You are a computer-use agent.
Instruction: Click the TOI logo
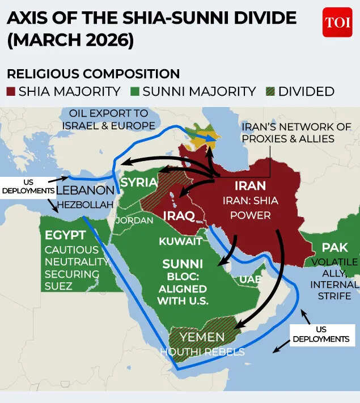click(337, 23)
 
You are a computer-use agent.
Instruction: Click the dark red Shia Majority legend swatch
click(11, 91)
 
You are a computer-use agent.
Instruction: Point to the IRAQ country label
click(179, 216)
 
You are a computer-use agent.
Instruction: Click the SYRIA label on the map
click(138, 183)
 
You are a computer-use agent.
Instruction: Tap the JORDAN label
click(134, 220)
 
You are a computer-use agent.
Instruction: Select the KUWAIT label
click(180, 241)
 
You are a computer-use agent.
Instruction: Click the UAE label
click(250, 280)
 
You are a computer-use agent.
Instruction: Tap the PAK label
click(334, 248)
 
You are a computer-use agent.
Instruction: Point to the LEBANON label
click(85, 190)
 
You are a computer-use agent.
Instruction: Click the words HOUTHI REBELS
click(202, 352)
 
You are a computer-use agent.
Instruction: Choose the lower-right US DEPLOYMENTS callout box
click(320, 334)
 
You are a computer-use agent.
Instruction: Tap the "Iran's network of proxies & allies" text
click(296, 133)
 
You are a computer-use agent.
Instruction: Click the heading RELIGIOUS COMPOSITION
click(93, 74)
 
